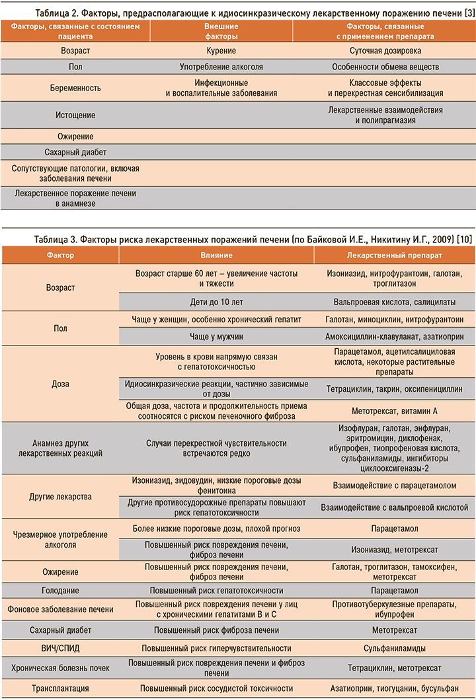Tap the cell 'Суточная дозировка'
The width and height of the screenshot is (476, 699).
point(385,50)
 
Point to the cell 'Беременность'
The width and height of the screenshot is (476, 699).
point(75,88)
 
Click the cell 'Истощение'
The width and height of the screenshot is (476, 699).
point(75,114)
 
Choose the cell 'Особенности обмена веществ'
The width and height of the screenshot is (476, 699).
point(385,67)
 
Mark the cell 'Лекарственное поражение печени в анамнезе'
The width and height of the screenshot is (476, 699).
point(75,198)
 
